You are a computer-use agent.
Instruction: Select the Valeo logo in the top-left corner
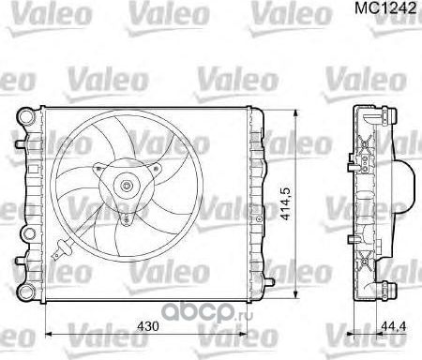(x=28, y=12)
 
